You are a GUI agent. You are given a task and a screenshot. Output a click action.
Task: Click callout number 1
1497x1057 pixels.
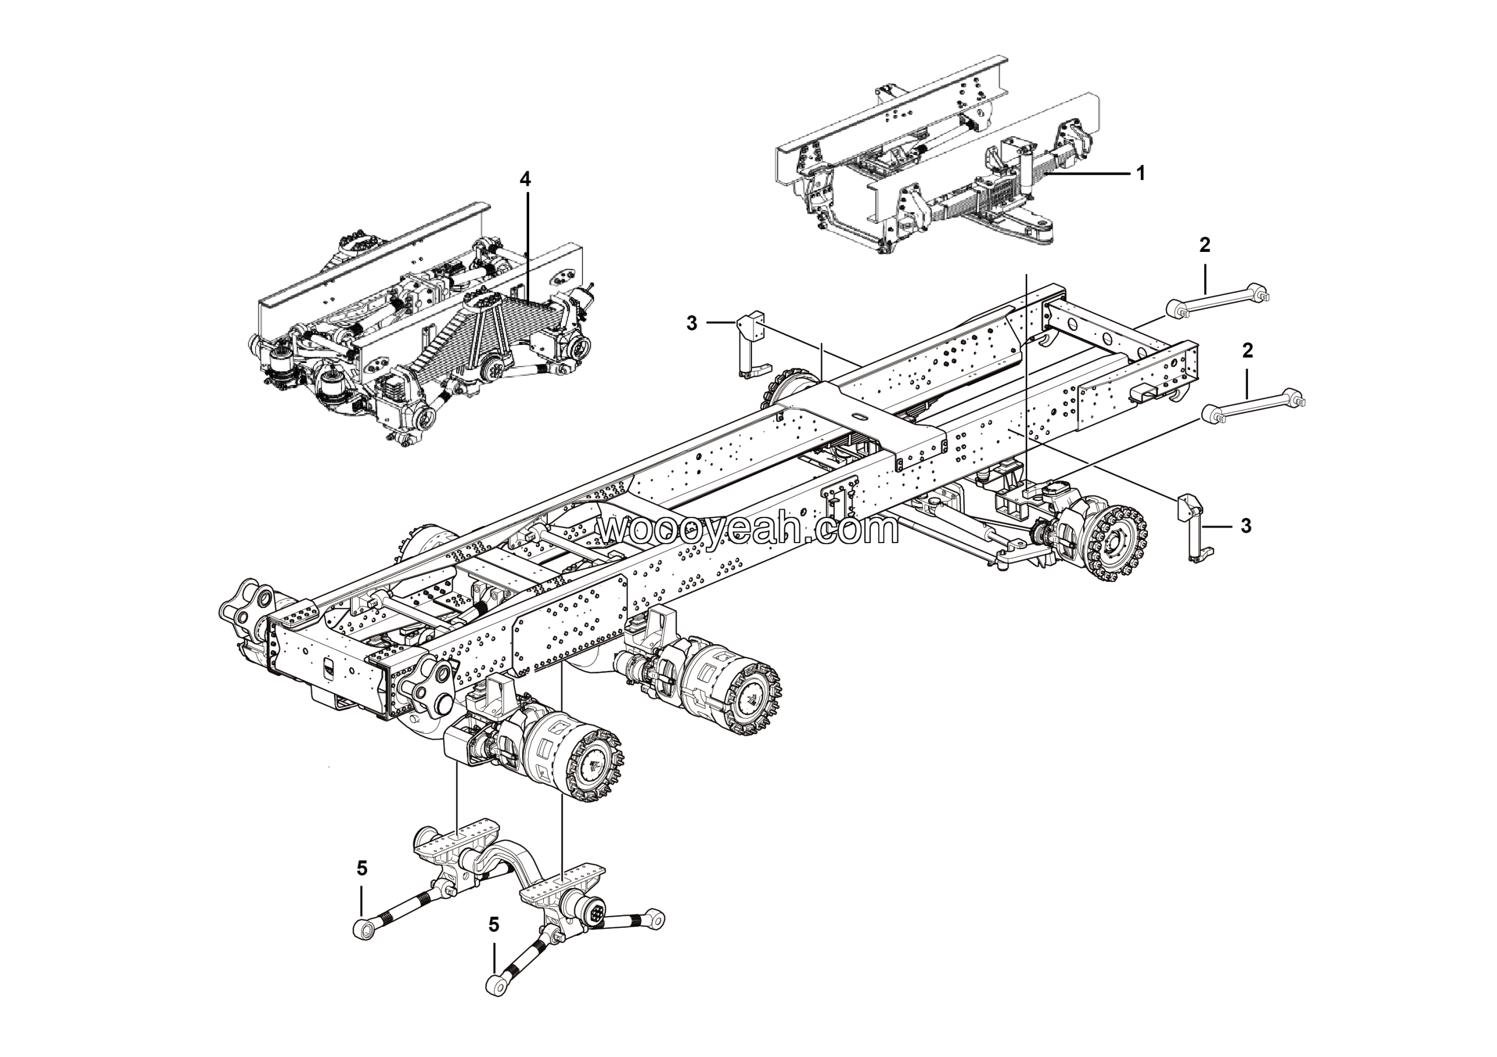[x=1140, y=174]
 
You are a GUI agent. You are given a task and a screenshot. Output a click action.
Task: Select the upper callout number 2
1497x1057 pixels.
[x=1204, y=245]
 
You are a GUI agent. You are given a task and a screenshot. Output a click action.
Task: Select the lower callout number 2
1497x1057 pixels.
[x=1247, y=351]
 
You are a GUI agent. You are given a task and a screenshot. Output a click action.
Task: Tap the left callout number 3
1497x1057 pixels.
[x=692, y=323]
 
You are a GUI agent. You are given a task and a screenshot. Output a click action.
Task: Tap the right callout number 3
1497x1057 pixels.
[x=1246, y=526]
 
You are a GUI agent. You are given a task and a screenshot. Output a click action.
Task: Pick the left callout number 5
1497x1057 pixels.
[x=362, y=868]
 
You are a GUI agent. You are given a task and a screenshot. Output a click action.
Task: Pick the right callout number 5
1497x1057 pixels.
[x=494, y=925]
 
